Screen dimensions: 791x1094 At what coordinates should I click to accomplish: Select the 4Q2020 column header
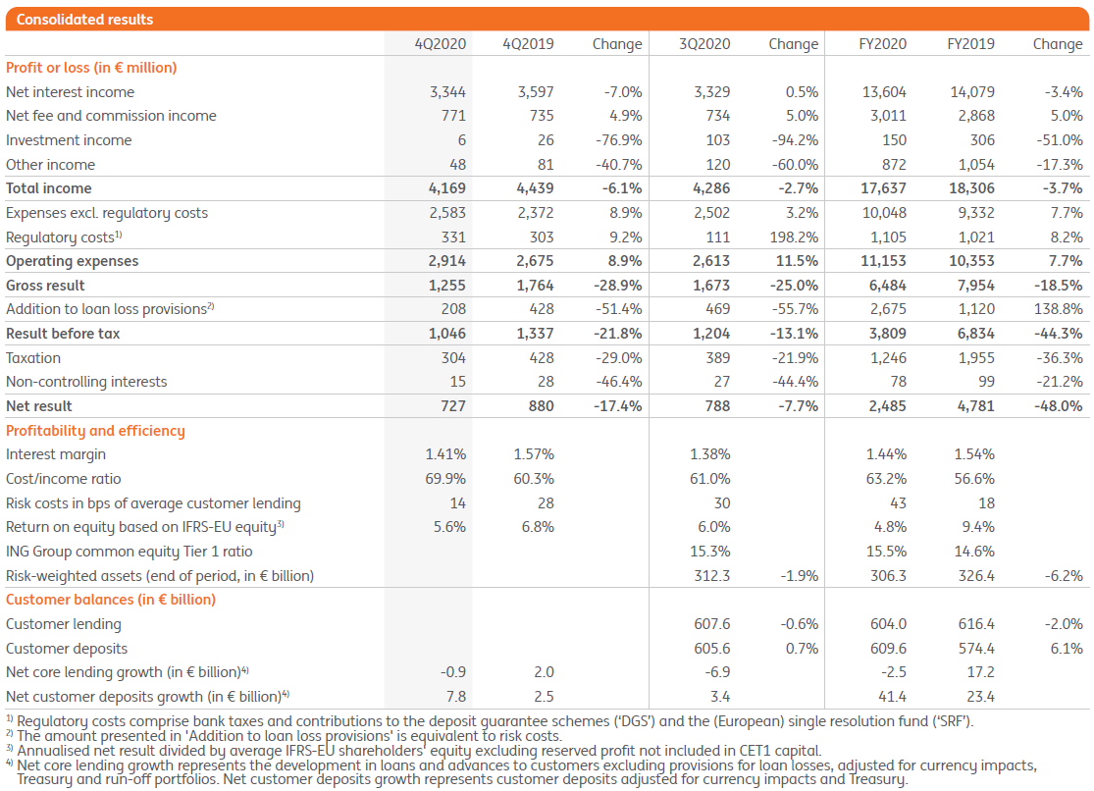pyautogui.click(x=441, y=43)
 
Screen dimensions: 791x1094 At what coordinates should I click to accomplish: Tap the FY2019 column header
pyautogui.click(x=970, y=43)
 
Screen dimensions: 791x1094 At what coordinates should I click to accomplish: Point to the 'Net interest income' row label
pyautogui.click(x=70, y=92)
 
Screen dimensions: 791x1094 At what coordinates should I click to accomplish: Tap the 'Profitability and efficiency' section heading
pyautogui.click(x=95, y=431)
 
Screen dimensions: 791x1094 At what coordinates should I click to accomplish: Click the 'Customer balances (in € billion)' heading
pyautogui.click(x=111, y=600)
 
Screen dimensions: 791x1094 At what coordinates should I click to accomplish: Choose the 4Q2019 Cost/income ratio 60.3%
pyautogui.click(x=534, y=479)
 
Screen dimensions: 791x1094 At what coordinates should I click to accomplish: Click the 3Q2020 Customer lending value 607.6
pyautogui.click(x=711, y=624)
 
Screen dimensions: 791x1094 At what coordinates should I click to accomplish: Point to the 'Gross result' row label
pyautogui.click(x=45, y=286)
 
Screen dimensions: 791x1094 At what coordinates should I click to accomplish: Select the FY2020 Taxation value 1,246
pyautogui.click(x=886, y=358)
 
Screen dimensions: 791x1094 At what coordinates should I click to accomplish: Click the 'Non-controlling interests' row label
pyautogui.click(x=86, y=382)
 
